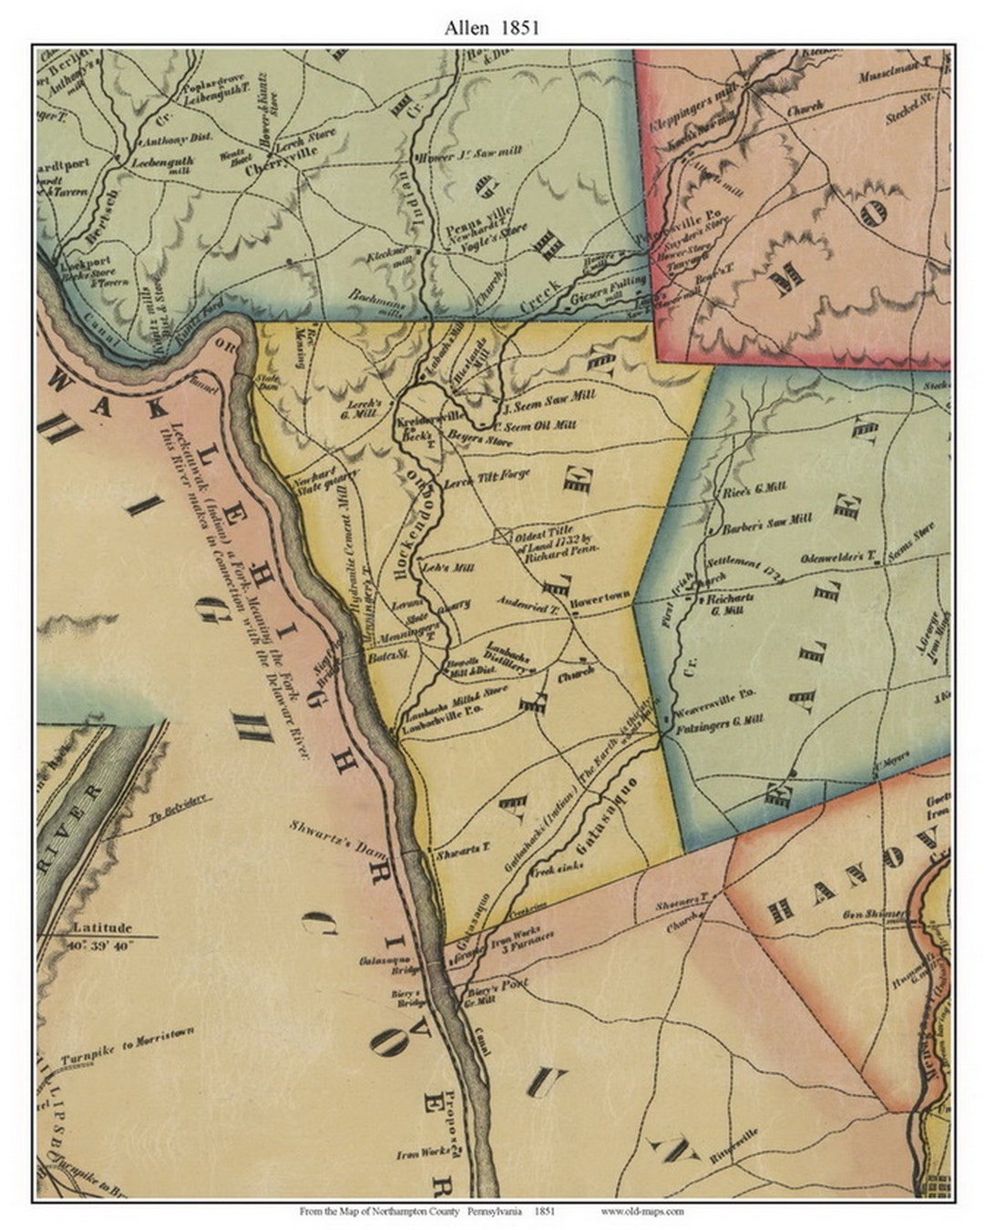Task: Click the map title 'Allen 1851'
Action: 492,27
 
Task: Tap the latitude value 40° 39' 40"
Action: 100,946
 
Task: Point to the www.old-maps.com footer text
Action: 642,1212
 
